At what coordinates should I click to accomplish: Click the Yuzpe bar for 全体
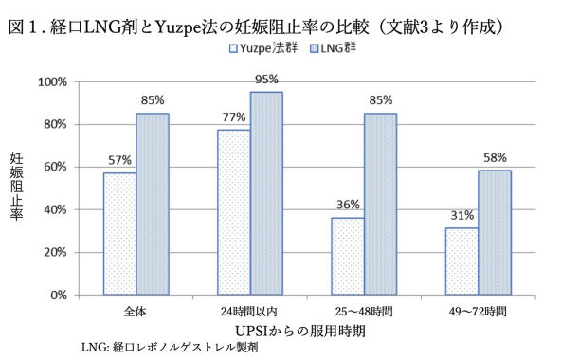coord(119,234)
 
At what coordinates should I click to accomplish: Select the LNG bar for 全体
coord(153,204)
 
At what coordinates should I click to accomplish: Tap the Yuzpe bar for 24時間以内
coord(233,212)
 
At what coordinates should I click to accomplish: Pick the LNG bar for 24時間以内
coord(266,193)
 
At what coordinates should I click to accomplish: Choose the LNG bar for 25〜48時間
coord(380,204)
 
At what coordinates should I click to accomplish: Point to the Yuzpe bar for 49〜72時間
coord(461,261)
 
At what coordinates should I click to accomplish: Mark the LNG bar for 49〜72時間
coord(494,232)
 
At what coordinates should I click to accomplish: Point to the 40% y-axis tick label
coord(55,209)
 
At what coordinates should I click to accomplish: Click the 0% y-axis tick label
coord(59,295)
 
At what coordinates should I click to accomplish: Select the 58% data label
coord(494,158)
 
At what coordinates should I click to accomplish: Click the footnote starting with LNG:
coord(169,348)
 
